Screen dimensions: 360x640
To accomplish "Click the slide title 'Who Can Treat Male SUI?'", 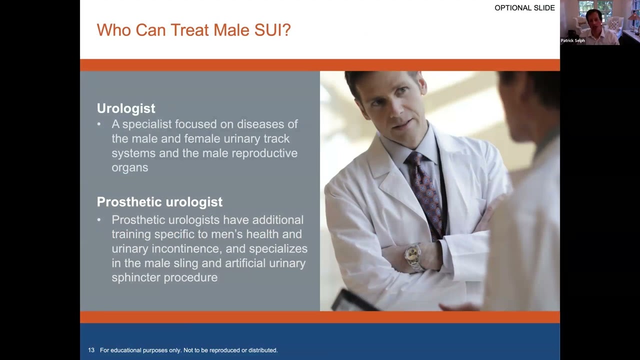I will pyautogui.click(x=193, y=30).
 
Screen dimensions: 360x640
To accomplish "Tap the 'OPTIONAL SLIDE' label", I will pyautogui.click(x=524, y=8).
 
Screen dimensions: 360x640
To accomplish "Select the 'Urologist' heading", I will pyautogui.click(x=126, y=108).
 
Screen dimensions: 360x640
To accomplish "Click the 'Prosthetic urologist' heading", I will pyautogui.click(x=159, y=202).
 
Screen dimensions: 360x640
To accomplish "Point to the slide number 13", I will pyautogui.click(x=91, y=350).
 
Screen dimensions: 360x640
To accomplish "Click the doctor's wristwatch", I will pyautogui.click(x=413, y=255).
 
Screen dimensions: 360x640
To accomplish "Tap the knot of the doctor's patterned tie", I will pyautogui.click(x=414, y=159).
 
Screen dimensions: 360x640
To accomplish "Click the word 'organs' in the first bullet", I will pyautogui.click(x=129, y=167).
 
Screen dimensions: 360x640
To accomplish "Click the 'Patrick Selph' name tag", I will pyautogui.click(x=572, y=40).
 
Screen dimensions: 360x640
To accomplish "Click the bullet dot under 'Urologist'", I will pyautogui.click(x=99, y=124).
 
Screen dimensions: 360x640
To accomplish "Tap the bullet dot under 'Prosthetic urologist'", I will pyautogui.click(x=99, y=220).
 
